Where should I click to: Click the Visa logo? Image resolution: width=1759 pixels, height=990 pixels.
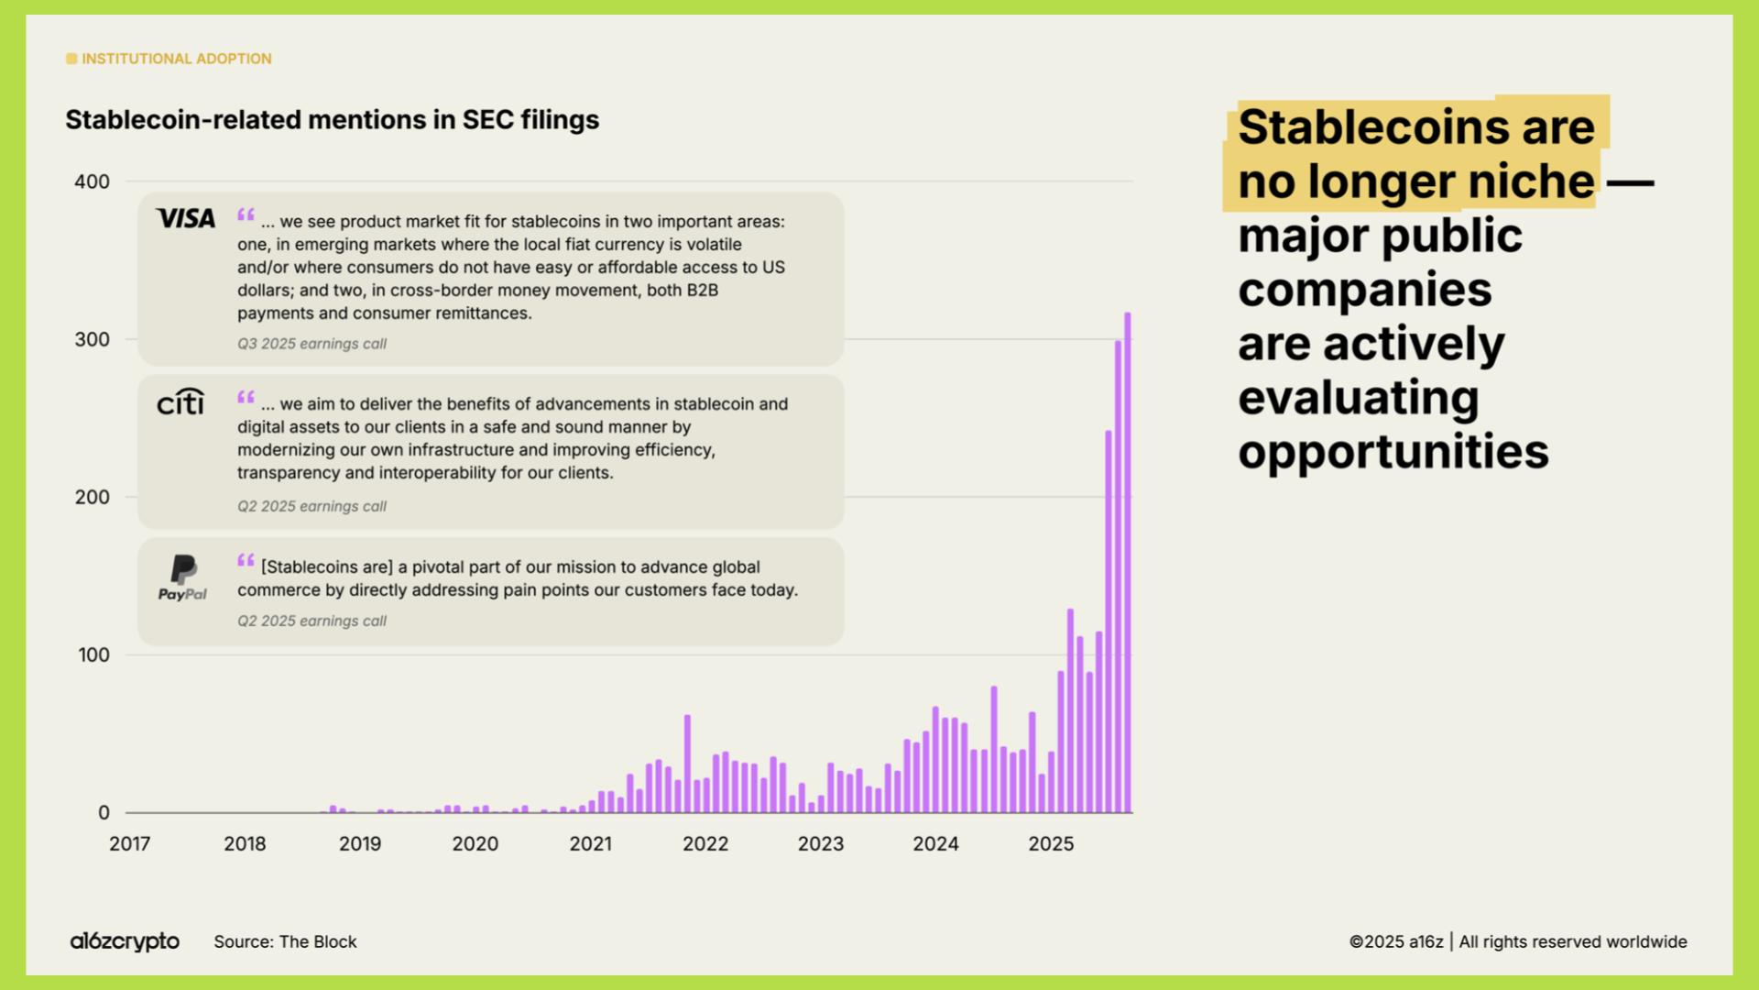tap(186, 218)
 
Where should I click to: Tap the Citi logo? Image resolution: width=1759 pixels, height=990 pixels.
tap(180, 401)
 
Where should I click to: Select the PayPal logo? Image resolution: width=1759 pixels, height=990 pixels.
tap(183, 577)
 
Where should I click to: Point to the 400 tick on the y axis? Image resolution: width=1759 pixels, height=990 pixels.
tap(92, 181)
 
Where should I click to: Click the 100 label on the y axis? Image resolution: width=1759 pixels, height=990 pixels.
tap(93, 655)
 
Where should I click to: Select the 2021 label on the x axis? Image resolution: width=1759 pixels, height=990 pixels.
tap(590, 844)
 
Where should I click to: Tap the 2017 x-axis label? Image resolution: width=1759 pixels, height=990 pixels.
tap(129, 844)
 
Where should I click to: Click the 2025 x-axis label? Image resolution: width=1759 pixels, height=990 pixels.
tap(1050, 844)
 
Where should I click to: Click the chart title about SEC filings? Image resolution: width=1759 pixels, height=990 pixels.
tap(332, 120)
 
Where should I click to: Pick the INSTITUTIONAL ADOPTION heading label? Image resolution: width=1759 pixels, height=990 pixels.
tap(176, 59)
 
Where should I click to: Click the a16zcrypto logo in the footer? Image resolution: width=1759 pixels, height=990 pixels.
tap(125, 941)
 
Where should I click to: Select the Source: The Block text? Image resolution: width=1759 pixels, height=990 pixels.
tap(285, 941)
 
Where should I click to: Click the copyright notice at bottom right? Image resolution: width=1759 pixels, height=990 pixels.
tap(1517, 941)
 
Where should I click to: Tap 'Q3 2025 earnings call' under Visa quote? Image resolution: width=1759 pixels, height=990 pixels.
tap(311, 344)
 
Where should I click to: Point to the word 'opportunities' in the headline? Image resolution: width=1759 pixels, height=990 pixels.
tap(1393, 452)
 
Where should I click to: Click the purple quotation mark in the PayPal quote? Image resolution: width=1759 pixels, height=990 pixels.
tap(246, 560)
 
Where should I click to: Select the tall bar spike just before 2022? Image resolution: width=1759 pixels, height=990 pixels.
tap(687, 763)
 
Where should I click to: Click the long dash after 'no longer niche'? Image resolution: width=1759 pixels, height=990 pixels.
tap(1630, 182)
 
